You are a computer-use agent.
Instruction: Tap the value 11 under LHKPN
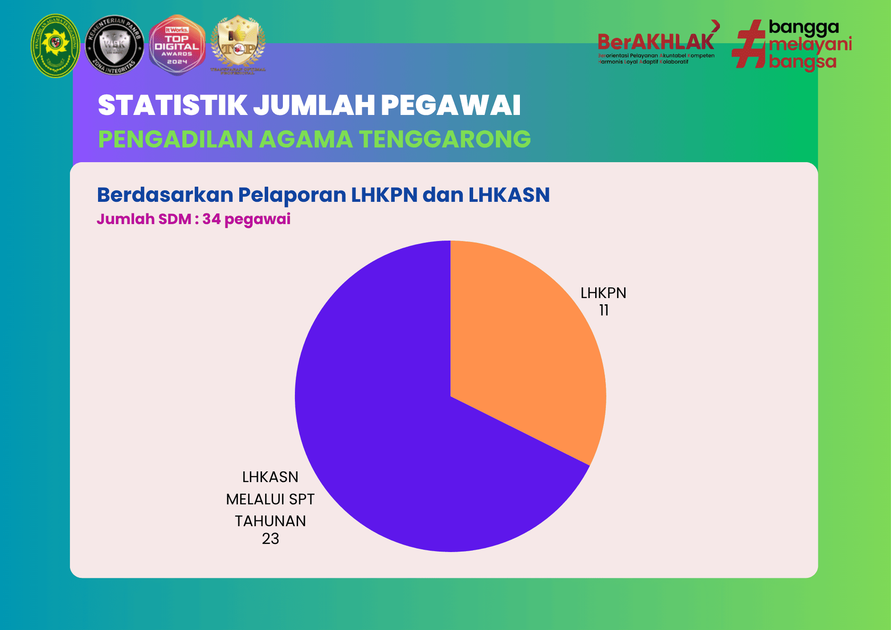click(604, 310)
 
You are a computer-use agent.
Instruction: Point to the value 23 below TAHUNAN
click(270, 539)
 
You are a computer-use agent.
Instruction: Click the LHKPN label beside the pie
click(603, 293)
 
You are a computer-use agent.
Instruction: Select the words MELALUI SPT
click(270, 499)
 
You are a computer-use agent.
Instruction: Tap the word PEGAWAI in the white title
click(450, 106)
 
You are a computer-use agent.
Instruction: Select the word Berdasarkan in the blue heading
click(165, 195)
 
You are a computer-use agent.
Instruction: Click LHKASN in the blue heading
click(509, 195)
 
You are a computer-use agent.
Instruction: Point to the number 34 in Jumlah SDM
click(211, 219)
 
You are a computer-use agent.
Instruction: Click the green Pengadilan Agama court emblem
click(55, 45)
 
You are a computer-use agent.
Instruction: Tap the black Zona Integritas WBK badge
click(114, 45)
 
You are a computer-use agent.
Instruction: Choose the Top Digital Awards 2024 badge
click(177, 45)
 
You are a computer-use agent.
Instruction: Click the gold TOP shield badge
click(238, 45)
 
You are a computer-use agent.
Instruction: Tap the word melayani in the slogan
click(810, 45)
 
